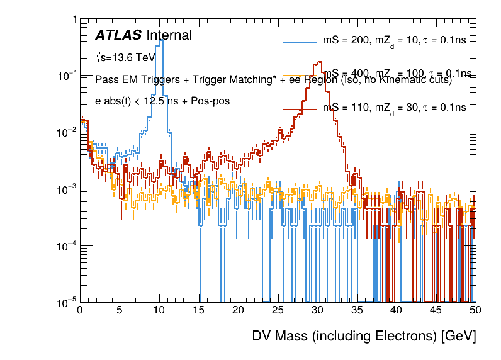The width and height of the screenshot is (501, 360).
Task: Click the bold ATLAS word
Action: click(x=118, y=35)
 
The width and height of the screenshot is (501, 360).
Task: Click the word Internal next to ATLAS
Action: click(x=169, y=35)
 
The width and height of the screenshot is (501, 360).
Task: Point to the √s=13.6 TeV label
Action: click(x=125, y=57)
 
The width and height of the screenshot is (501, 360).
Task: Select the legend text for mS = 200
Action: click(x=394, y=41)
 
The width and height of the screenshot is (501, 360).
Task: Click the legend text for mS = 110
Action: click(x=394, y=108)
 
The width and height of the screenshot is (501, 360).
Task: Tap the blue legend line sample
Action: click(x=300, y=42)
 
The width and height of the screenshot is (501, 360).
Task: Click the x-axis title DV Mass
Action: click(x=364, y=337)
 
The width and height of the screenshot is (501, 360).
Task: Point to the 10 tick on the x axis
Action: click(x=159, y=310)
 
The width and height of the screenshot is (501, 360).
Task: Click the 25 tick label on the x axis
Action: click(x=278, y=310)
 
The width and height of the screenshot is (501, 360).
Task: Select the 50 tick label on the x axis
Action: click(x=475, y=310)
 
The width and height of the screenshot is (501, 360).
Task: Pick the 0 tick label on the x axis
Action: click(x=80, y=310)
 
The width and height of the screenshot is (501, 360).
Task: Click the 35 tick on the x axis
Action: click(x=357, y=310)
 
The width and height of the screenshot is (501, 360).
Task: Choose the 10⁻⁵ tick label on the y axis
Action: click(x=67, y=303)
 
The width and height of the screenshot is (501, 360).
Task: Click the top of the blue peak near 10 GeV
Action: click(x=160, y=39)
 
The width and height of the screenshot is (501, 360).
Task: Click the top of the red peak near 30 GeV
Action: click(x=319, y=62)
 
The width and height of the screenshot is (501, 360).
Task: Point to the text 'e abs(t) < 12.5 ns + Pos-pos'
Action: click(x=162, y=101)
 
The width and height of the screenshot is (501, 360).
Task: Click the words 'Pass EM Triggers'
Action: click(x=133, y=80)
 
